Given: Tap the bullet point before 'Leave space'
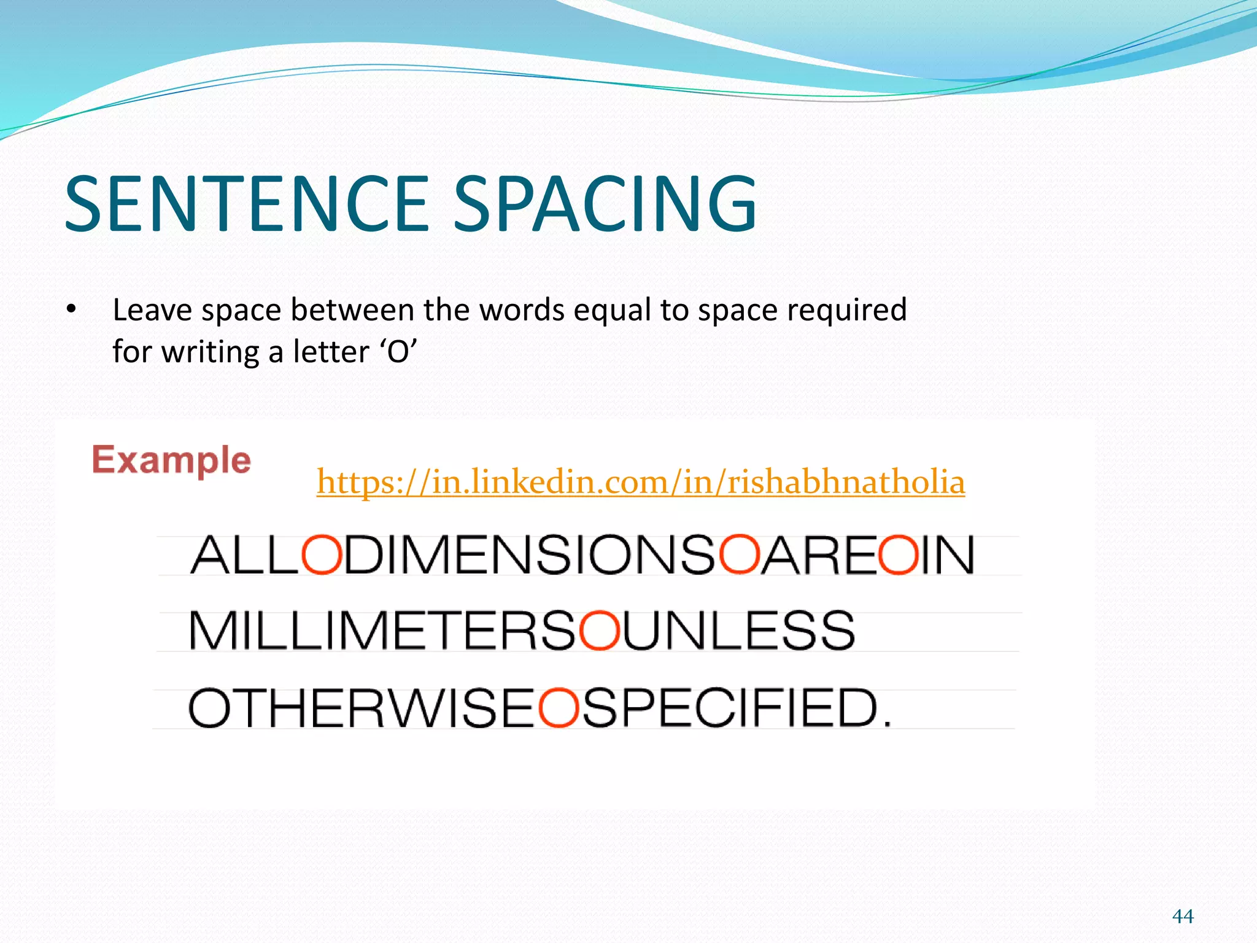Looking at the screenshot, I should [x=72, y=309].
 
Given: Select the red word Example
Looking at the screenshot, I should [x=171, y=460].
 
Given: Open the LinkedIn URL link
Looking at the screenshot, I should [x=640, y=481].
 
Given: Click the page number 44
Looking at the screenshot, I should [x=1183, y=917].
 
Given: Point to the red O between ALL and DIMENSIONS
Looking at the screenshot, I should [x=321, y=555].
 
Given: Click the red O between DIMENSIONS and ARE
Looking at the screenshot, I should [x=739, y=555].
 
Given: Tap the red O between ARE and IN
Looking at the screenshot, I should [x=898, y=555].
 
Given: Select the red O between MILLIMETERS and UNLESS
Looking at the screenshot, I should [x=599, y=631].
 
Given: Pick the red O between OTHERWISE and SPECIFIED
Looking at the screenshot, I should [x=558, y=708].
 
